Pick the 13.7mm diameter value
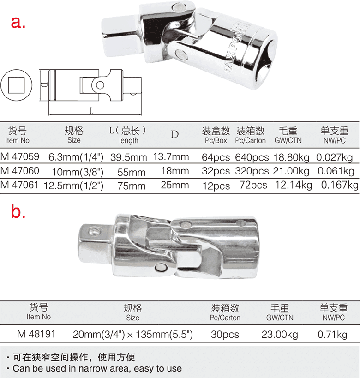pyautogui.click(x=171, y=157)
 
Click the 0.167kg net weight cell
pyautogui.click(x=339, y=186)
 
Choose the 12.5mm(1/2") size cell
pyautogui.click(x=74, y=186)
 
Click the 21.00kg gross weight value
pyautogui.click(x=291, y=171)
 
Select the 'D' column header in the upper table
pyautogui.click(x=174, y=134)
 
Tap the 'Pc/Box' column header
pyautogui.click(x=216, y=140)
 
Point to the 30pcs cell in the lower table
pyautogui.click(x=225, y=334)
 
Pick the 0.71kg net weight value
pyautogui.click(x=334, y=334)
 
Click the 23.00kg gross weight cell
pyautogui.click(x=280, y=334)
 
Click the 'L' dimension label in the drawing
pyautogui.click(x=91, y=111)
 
